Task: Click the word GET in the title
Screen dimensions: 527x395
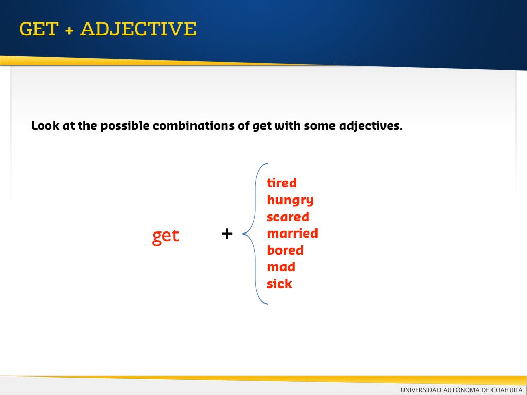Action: [x=39, y=29]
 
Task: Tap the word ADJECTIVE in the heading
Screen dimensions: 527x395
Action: [x=138, y=29]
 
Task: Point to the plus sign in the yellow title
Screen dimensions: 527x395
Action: [x=69, y=30]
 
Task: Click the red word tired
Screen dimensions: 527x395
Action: [x=282, y=183]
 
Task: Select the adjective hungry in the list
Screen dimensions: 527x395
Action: [x=290, y=201]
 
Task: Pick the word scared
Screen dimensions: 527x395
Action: [x=288, y=217]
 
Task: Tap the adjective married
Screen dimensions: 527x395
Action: [x=292, y=233]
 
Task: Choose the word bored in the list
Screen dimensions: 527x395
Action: [x=285, y=250]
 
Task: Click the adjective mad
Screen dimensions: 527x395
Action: [x=281, y=267]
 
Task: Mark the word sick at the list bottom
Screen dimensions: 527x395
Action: [x=279, y=283]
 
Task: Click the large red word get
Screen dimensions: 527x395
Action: [x=166, y=236]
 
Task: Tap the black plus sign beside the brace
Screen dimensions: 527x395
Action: [x=227, y=234]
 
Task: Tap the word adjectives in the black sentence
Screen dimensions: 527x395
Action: [x=371, y=126]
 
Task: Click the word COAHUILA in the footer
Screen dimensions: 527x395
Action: [x=507, y=390]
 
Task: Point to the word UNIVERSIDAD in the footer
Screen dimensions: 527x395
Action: [x=421, y=390]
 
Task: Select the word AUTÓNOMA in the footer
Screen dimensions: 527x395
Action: [x=461, y=390]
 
